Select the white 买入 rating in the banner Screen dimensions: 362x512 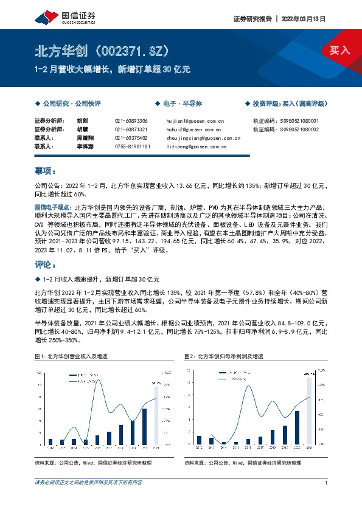coord(340,50)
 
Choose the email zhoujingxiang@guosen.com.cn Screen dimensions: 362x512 coord(203,138)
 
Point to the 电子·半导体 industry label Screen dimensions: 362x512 coord(179,104)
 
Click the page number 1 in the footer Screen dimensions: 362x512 coord(327,483)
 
